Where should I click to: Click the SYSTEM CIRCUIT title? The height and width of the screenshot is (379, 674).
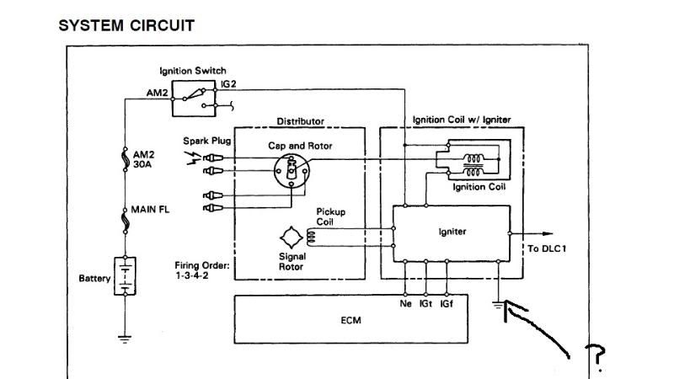point(126,25)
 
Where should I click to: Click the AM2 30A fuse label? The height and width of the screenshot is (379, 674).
point(144,160)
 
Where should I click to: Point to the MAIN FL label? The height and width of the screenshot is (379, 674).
point(151,209)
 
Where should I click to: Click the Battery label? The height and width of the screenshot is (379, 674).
point(94,278)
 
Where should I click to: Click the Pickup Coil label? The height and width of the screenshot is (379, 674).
point(330,216)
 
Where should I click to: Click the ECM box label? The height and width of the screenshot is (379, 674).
point(352,321)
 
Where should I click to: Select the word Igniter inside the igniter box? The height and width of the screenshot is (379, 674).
point(452,232)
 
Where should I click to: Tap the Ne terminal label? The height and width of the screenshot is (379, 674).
point(405,304)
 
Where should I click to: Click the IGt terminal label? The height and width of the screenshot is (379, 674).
point(426,304)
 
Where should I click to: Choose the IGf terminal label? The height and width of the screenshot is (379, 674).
point(447,304)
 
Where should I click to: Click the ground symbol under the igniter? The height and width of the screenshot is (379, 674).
point(499,306)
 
